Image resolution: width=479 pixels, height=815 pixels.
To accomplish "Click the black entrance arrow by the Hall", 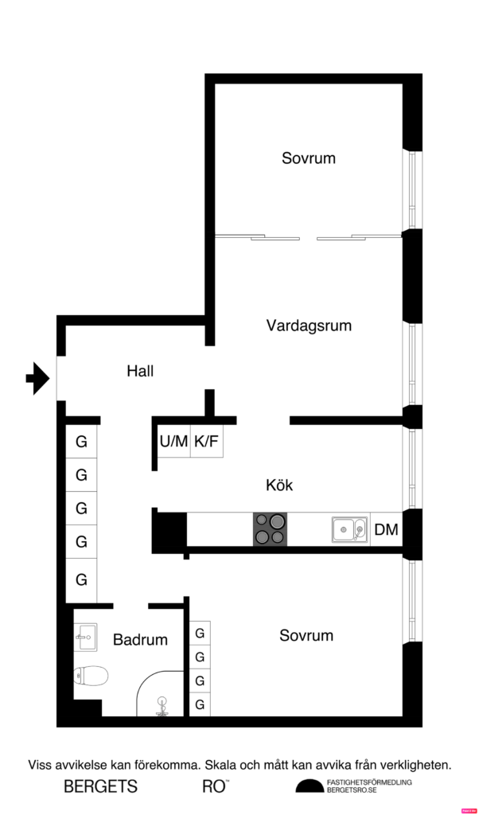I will click(37, 378).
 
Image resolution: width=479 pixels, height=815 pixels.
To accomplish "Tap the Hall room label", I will click(140, 371).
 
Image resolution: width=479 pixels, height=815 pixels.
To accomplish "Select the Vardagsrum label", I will click(309, 326).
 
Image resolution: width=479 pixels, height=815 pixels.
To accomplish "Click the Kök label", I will click(280, 485).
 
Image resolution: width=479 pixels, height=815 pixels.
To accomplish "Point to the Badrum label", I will click(140, 640).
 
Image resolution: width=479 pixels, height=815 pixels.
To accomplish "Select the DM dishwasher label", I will click(386, 530).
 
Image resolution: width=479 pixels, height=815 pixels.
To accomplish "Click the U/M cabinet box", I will click(173, 441).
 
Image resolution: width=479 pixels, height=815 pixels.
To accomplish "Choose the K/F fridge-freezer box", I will click(206, 441).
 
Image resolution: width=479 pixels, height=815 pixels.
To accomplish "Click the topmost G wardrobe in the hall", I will click(81, 441).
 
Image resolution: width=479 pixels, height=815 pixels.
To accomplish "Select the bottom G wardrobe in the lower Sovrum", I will click(200, 705).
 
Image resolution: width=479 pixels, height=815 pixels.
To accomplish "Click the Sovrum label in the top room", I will click(309, 158).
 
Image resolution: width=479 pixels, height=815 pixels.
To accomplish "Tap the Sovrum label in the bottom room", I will click(306, 636).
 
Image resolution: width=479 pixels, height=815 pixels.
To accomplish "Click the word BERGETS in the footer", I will click(101, 787).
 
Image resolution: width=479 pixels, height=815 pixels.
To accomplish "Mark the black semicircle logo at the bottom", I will click(310, 786).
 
